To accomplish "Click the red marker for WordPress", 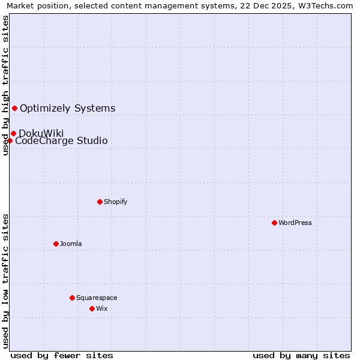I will (x=274, y=223).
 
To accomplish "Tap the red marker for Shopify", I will (x=100, y=202).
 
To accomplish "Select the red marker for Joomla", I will (x=56, y=244).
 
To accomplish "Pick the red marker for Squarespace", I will (x=72, y=298).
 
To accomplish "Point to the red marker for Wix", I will (x=92, y=308).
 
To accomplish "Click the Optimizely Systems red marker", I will (x=14, y=108).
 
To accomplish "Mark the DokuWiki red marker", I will (x=13, y=133).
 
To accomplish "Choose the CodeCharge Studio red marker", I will (x=10, y=140).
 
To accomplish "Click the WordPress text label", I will (x=295, y=223).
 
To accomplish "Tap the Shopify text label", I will (x=116, y=202).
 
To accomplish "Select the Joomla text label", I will (x=71, y=244).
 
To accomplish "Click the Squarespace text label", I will (x=97, y=298).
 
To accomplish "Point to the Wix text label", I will (x=101, y=308).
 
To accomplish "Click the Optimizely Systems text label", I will (x=68, y=109).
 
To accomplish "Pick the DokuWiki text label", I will (x=41, y=133).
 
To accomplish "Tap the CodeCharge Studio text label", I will (x=61, y=141).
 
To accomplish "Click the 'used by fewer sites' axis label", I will (x=62, y=355).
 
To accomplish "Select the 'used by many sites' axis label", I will (x=301, y=355).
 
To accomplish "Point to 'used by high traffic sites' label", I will (x=6, y=85).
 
